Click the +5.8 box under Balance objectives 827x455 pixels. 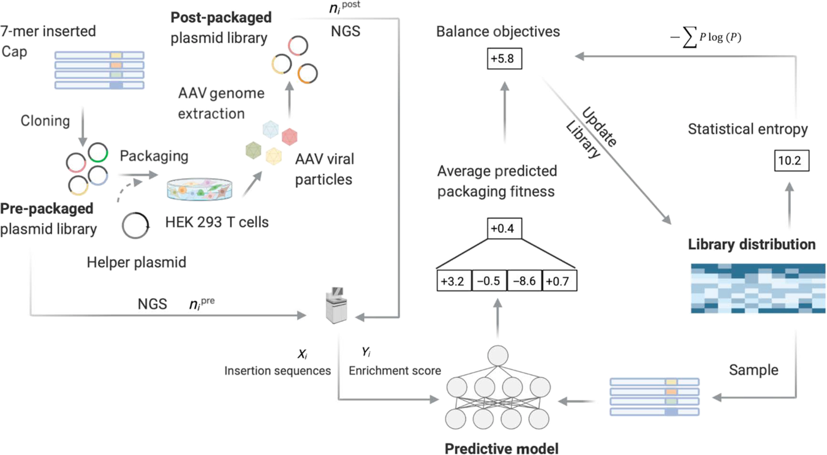504,58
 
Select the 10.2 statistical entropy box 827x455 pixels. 791,160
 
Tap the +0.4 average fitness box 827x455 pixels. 504,228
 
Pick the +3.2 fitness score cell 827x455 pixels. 454,281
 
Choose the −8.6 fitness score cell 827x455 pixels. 524,281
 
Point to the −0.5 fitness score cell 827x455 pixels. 489,281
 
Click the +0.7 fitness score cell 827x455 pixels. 559,281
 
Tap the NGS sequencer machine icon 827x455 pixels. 336,306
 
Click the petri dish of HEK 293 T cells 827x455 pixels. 199,189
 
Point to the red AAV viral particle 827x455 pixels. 289,136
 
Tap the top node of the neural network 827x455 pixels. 497,356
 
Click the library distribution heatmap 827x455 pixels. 758,288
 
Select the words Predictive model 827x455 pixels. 501,449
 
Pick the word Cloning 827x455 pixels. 45,121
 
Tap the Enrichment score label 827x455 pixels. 395,370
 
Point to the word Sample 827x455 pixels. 753,370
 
